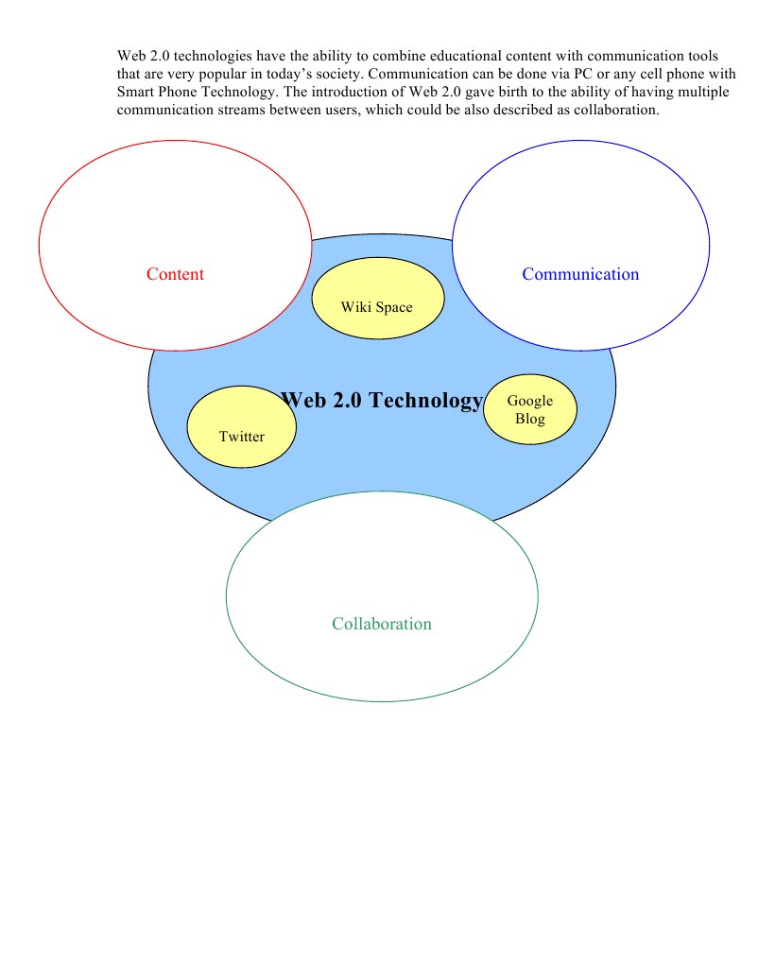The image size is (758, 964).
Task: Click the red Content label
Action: coord(175,274)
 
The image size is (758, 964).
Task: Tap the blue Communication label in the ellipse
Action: coord(580,274)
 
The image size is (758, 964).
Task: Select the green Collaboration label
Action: coord(382,624)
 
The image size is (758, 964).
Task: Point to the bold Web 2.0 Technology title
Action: coord(382,401)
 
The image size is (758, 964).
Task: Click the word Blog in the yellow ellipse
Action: coord(530,419)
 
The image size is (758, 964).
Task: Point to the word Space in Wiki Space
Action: coord(393,306)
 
